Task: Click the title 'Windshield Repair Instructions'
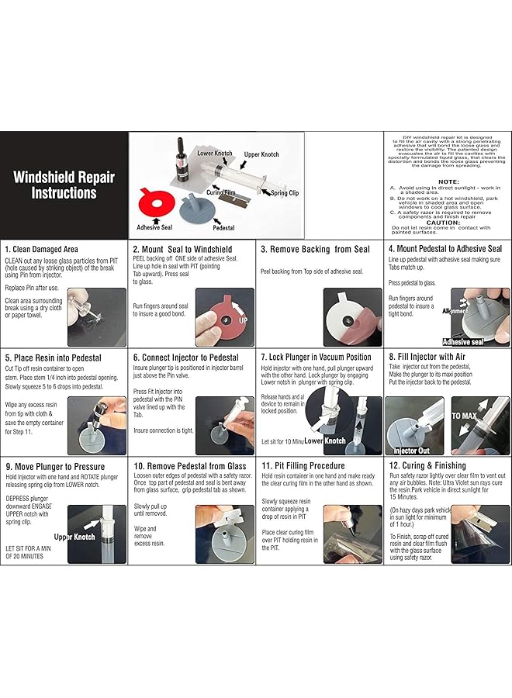[64, 185]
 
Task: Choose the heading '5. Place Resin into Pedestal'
[53, 358]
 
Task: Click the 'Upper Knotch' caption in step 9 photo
[74, 537]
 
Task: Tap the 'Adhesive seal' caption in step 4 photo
[463, 340]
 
